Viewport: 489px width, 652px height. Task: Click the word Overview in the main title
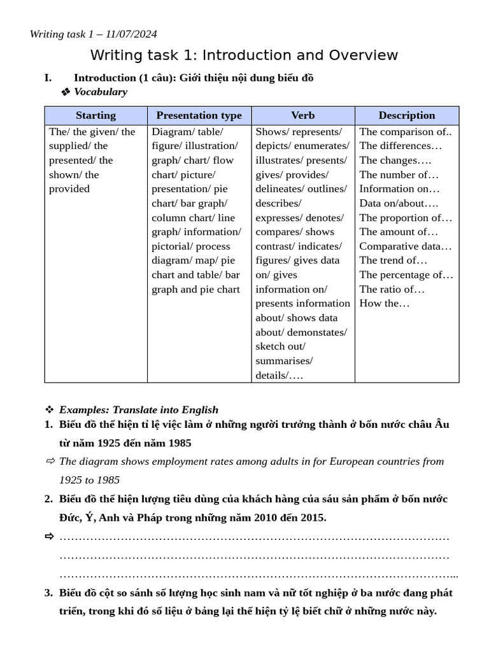point(364,55)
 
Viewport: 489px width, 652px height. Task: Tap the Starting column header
point(96,115)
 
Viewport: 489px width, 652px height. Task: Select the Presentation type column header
point(199,115)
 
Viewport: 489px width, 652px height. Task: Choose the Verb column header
point(303,115)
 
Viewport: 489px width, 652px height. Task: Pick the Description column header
point(407,115)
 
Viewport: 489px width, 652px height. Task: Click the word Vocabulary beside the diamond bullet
point(101,92)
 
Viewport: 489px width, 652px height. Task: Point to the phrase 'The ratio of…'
point(392,289)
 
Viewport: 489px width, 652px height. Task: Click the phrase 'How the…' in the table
point(385,303)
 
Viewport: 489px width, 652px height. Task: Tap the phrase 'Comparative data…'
point(406,246)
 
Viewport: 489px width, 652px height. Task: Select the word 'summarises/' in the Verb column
point(284,361)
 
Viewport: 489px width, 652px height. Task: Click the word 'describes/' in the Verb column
point(278,203)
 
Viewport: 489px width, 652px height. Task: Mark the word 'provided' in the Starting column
point(69,188)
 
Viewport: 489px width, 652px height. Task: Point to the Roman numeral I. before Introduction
point(48,78)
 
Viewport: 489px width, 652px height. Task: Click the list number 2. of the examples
point(48,499)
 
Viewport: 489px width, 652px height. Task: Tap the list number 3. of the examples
point(48,593)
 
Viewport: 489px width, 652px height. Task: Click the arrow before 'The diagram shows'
point(50,461)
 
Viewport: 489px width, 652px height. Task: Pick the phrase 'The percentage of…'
point(406,274)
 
